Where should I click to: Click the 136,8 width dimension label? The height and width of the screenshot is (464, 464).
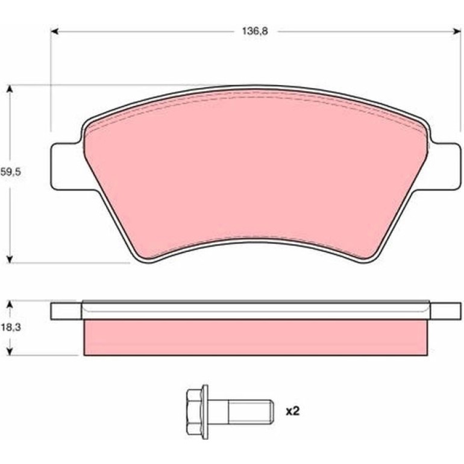tap(255, 31)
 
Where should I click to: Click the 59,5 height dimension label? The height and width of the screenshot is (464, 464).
tap(11, 172)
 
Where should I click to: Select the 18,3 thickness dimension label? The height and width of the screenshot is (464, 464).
tap(11, 328)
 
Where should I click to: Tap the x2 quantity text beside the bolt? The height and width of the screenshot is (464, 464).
tap(292, 411)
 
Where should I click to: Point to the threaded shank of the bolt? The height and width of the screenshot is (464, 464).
tap(251, 412)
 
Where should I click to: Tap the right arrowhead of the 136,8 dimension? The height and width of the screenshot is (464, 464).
tap(457, 31)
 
